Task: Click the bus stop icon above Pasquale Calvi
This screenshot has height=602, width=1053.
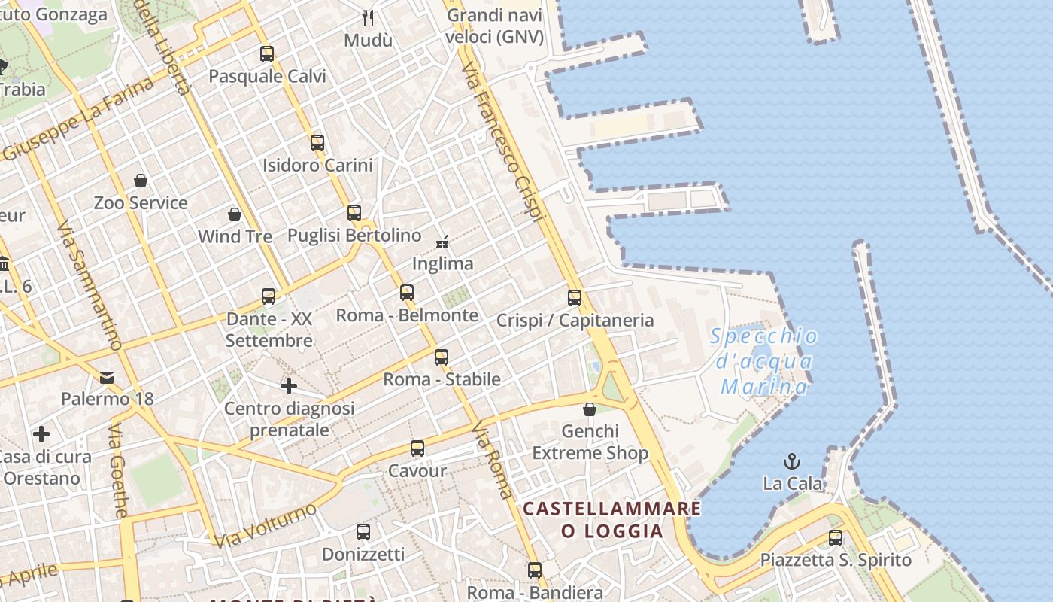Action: (x=267, y=54)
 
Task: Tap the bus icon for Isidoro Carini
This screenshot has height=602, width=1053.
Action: (x=317, y=142)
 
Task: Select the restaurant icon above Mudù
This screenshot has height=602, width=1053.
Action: (x=368, y=17)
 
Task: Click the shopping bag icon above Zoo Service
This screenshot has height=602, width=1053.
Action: (x=141, y=181)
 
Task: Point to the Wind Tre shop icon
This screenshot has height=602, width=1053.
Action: (x=235, y=214)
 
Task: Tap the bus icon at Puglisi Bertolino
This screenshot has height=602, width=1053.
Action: (x=354, y=213)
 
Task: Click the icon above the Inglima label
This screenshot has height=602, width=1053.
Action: (x=442, y=242)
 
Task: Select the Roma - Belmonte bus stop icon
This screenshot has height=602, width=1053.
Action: (x=407, y=293)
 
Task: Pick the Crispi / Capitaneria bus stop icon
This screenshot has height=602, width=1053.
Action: (x=575, y=298)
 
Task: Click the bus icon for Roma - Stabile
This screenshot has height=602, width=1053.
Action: (x=442, y=357)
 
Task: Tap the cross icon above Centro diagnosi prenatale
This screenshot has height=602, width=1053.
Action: (x=289, y=386)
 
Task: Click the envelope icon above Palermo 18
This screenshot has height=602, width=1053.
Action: (x=107, y=377)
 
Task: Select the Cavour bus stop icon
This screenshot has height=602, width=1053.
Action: (x=417, y=448)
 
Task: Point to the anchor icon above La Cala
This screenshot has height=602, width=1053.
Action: (x=792, y=461)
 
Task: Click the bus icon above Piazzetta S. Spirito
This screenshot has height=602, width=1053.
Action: (x=836, y=538)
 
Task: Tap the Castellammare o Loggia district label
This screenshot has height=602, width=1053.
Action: (x=612, y=520)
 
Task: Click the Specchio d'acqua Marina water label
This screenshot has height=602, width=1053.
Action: (x=764, y=362)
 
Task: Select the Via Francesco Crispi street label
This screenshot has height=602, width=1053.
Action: (x=502, y=143)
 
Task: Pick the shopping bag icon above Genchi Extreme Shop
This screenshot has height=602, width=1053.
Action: (x=590, y=409)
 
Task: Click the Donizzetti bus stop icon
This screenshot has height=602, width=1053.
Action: (x=363, y=532)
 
